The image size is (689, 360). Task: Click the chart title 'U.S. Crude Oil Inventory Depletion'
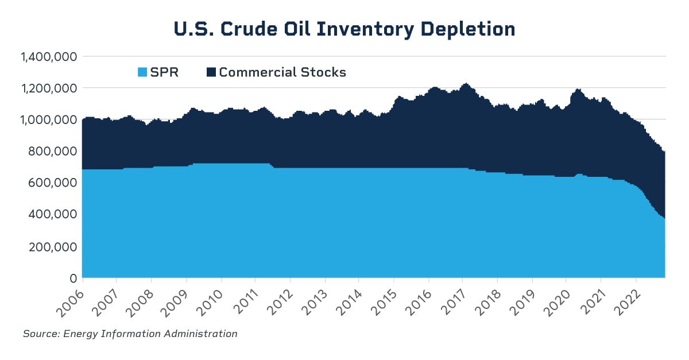344,29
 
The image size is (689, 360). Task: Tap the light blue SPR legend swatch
142,72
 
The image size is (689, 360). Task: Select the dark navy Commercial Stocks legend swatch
211,72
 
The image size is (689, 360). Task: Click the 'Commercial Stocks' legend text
282,72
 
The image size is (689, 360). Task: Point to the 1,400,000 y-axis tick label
48,57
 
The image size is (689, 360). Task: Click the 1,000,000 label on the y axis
48,120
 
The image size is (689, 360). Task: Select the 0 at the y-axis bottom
73,278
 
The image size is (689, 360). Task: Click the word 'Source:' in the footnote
41,334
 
